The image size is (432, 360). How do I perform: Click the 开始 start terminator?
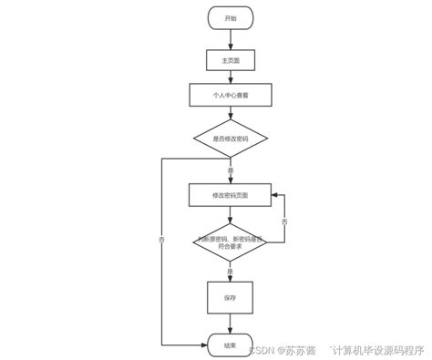(x=230, y=18)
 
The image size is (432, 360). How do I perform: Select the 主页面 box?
(x=230, y=60)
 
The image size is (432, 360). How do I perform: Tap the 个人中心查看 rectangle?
(x=230, y=95)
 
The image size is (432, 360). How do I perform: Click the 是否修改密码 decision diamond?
(x=230, y=139)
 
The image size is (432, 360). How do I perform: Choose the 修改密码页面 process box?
(x=230, y=195)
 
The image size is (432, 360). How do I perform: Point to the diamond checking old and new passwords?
(x=230, y=242)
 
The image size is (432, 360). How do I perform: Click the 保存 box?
(x=230, y=297)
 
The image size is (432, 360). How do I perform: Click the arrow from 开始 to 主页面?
(x=230, y=39)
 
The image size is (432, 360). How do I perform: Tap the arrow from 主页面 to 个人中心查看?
(x=230, y=77)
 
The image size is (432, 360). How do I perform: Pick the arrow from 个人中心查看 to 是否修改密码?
(x=230, y=113)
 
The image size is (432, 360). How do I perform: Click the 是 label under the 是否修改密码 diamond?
(x=230, y=170)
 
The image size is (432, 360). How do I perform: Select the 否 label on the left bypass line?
(x=162, y=239)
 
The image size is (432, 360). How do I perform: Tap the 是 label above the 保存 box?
(x=230, y=271)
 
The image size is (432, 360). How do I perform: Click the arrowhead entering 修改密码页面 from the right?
(x=275, y=195)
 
